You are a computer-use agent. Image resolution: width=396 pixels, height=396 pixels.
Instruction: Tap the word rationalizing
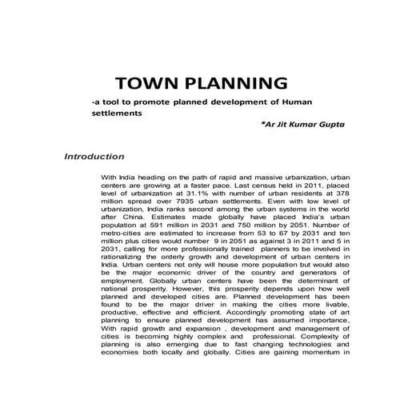(128, 271)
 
